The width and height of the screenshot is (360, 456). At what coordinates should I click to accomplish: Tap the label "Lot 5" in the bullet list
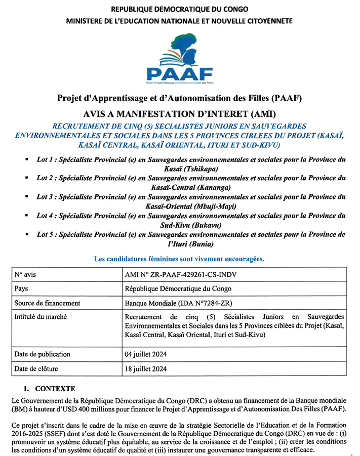point(46,235)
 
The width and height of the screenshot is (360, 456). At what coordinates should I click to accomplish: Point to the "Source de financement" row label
point(47,303)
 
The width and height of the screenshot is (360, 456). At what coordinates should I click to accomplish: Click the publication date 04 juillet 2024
point(146,354)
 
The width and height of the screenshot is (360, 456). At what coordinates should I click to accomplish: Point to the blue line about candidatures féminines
point(179,259)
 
